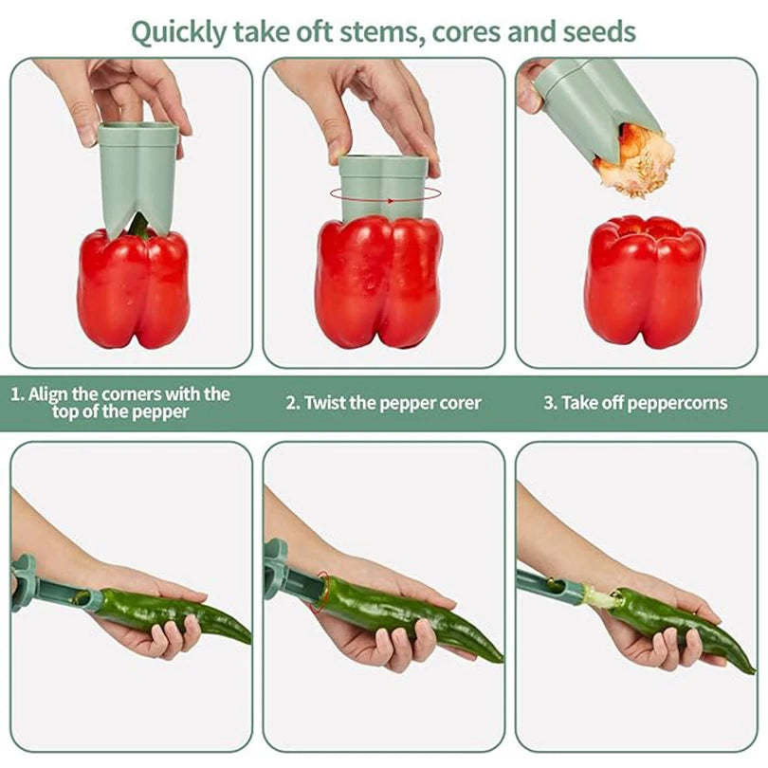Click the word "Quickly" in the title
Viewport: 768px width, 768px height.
click(179, 33)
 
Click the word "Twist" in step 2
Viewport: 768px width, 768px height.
click(324, 403)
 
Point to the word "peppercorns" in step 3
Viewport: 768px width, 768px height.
click(677, 404)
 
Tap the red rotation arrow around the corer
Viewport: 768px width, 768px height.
click(385, 194)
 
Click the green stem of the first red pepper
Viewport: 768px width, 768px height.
click(138, 226)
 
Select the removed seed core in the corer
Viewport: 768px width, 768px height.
click(634, 159)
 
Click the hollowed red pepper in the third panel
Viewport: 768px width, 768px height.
click(645, 282)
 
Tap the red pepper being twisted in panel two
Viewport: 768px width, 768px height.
click(378, 283)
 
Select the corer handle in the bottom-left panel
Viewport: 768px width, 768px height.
click(23, 583)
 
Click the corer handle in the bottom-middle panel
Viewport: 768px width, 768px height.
click(275, 569)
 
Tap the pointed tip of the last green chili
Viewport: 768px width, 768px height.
click(754, 672)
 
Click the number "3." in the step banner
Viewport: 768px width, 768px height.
click(550, 403)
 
